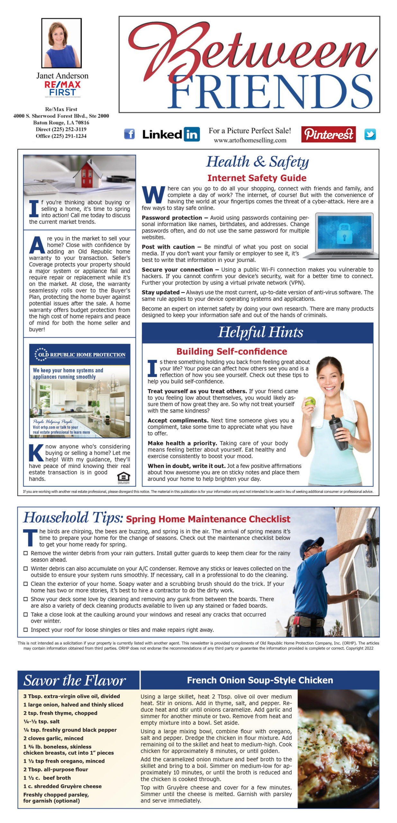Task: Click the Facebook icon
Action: tap(129, 134)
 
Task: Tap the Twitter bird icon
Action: tap(370, 134)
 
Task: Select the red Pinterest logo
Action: tap(328, 134)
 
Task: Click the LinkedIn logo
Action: tap(171, 134)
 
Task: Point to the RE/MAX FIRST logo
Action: tap(62, 88)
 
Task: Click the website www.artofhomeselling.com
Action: tap(250, 140)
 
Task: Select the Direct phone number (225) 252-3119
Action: tap(61, 129)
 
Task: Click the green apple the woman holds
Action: tap(310, 401)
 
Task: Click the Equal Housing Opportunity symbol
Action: tap(124, 477)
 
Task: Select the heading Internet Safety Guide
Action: tap(257, 178)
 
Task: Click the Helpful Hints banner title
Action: tap(260, 332)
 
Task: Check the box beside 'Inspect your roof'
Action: tap(26, 629)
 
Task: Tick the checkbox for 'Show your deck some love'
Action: tap(26, 599)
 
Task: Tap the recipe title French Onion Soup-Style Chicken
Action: tap(260, 680)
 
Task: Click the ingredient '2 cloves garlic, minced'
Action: tap(53, 738)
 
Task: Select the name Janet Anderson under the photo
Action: tap(62, 76)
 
